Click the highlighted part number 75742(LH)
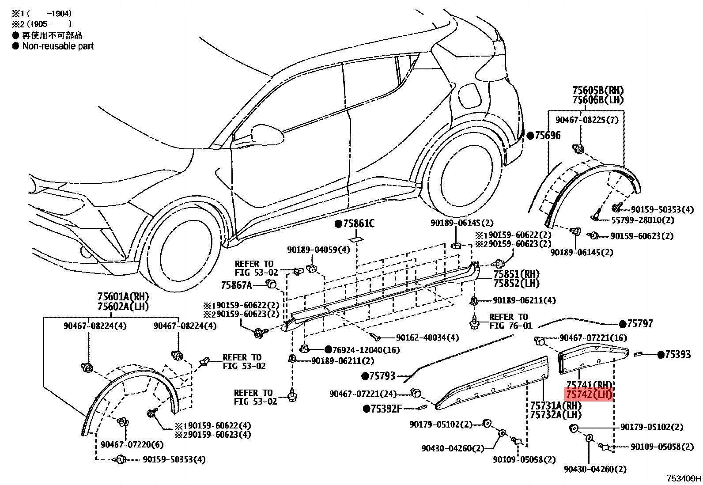(589, 394)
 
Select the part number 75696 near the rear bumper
(548, 136)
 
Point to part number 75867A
(236, 285)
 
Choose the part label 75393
(678, 354)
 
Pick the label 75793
(382, 376)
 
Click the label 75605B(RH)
(598, 91)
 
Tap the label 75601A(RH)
(123, 296)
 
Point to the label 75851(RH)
(517, 274)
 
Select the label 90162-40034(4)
(427, 337)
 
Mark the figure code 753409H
(684, 478)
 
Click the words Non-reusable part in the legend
(58, 46)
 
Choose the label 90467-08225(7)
(587, 120)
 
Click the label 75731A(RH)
(556, 405)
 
